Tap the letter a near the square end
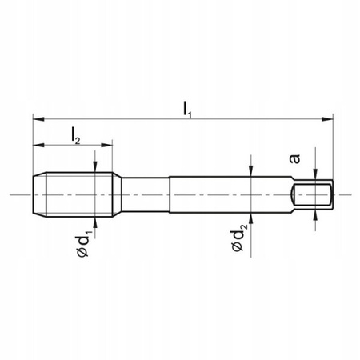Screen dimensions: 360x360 coord(294,158)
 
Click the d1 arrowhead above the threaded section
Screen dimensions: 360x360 coord(95,169)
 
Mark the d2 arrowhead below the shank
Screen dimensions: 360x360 coord(251,219)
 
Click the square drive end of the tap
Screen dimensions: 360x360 coord(314,194)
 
